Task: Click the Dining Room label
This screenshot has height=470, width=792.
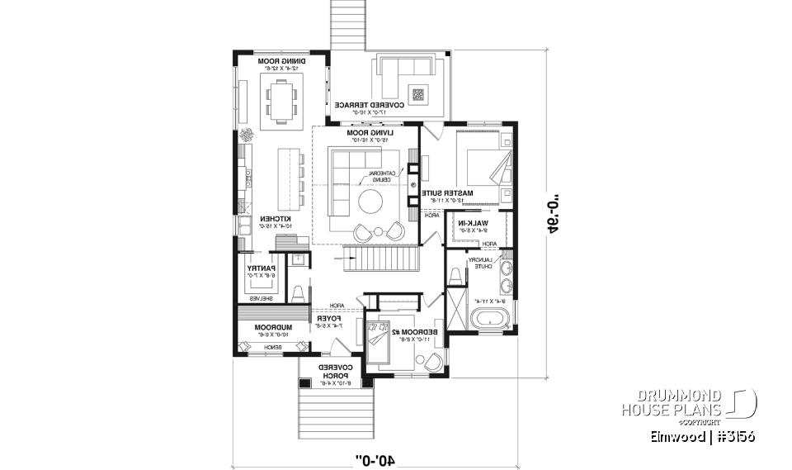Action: click(279, 62)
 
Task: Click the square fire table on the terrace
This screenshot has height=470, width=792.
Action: click(418, 94)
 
